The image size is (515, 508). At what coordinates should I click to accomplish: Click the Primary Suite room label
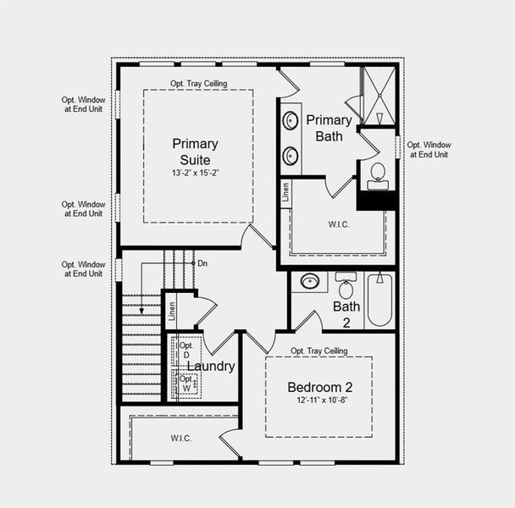point(195,151)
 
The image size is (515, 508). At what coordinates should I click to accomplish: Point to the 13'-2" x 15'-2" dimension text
point(196,174)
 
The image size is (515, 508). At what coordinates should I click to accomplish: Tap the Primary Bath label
point(328,127)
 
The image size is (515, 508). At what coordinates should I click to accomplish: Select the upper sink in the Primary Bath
point(291,119)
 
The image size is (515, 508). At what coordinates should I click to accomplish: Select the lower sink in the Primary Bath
point(291,155)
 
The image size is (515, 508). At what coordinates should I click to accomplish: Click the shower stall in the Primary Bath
point(378,95)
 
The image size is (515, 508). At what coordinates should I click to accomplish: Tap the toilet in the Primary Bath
point(378,174)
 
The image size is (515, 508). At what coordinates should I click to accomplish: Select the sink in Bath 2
point(310,281)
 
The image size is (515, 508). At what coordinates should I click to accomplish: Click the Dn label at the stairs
point(202,263)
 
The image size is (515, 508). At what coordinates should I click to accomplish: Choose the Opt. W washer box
point(186,383)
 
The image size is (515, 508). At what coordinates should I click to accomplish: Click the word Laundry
point(211,367)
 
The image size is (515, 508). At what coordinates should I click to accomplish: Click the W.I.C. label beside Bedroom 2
point(180,438)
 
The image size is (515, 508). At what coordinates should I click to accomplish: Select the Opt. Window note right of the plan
point(429,149)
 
